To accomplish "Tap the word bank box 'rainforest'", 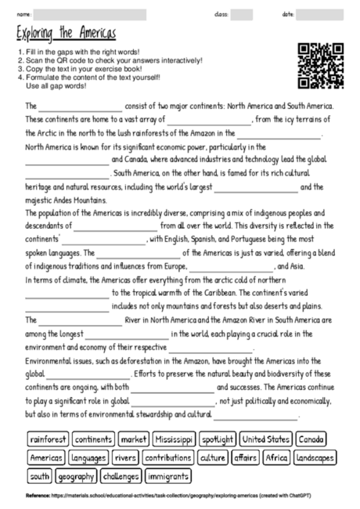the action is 49,439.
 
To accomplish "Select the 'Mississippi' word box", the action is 173,439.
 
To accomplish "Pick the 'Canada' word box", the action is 312,439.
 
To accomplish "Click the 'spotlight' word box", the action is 217,439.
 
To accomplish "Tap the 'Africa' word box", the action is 276,457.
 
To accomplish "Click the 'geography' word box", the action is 76,476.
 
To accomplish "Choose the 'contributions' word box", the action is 168,457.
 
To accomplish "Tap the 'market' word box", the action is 135,439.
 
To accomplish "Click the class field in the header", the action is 241,14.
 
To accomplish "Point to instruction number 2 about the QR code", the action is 113,60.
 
